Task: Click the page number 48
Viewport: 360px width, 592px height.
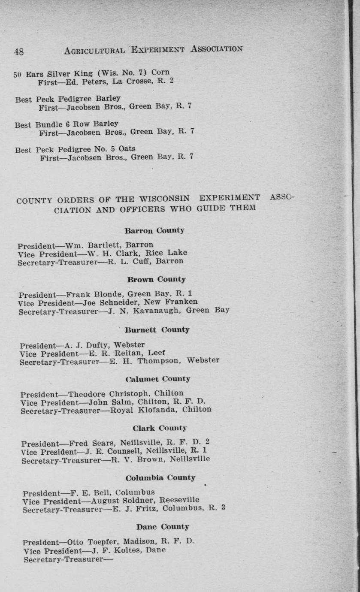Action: coord(19,52)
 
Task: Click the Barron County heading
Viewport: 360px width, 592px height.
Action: coord(154,230)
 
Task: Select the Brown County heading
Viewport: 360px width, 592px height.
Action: coord(156,280)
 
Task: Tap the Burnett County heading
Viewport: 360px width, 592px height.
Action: coord(157,330)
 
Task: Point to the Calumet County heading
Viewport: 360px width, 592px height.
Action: coord(158,379)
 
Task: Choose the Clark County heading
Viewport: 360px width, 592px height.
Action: coord(160,428)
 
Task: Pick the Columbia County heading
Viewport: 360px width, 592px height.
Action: coord(160,478)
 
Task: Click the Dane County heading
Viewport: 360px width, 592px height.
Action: coord(163,527)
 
